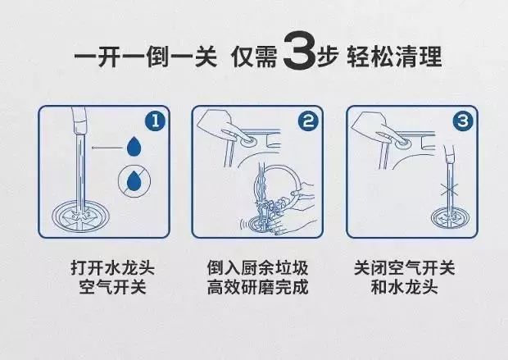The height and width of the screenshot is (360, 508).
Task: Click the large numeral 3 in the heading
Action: pos(299,57)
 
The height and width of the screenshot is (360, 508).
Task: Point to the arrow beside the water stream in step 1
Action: pos(103,148)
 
